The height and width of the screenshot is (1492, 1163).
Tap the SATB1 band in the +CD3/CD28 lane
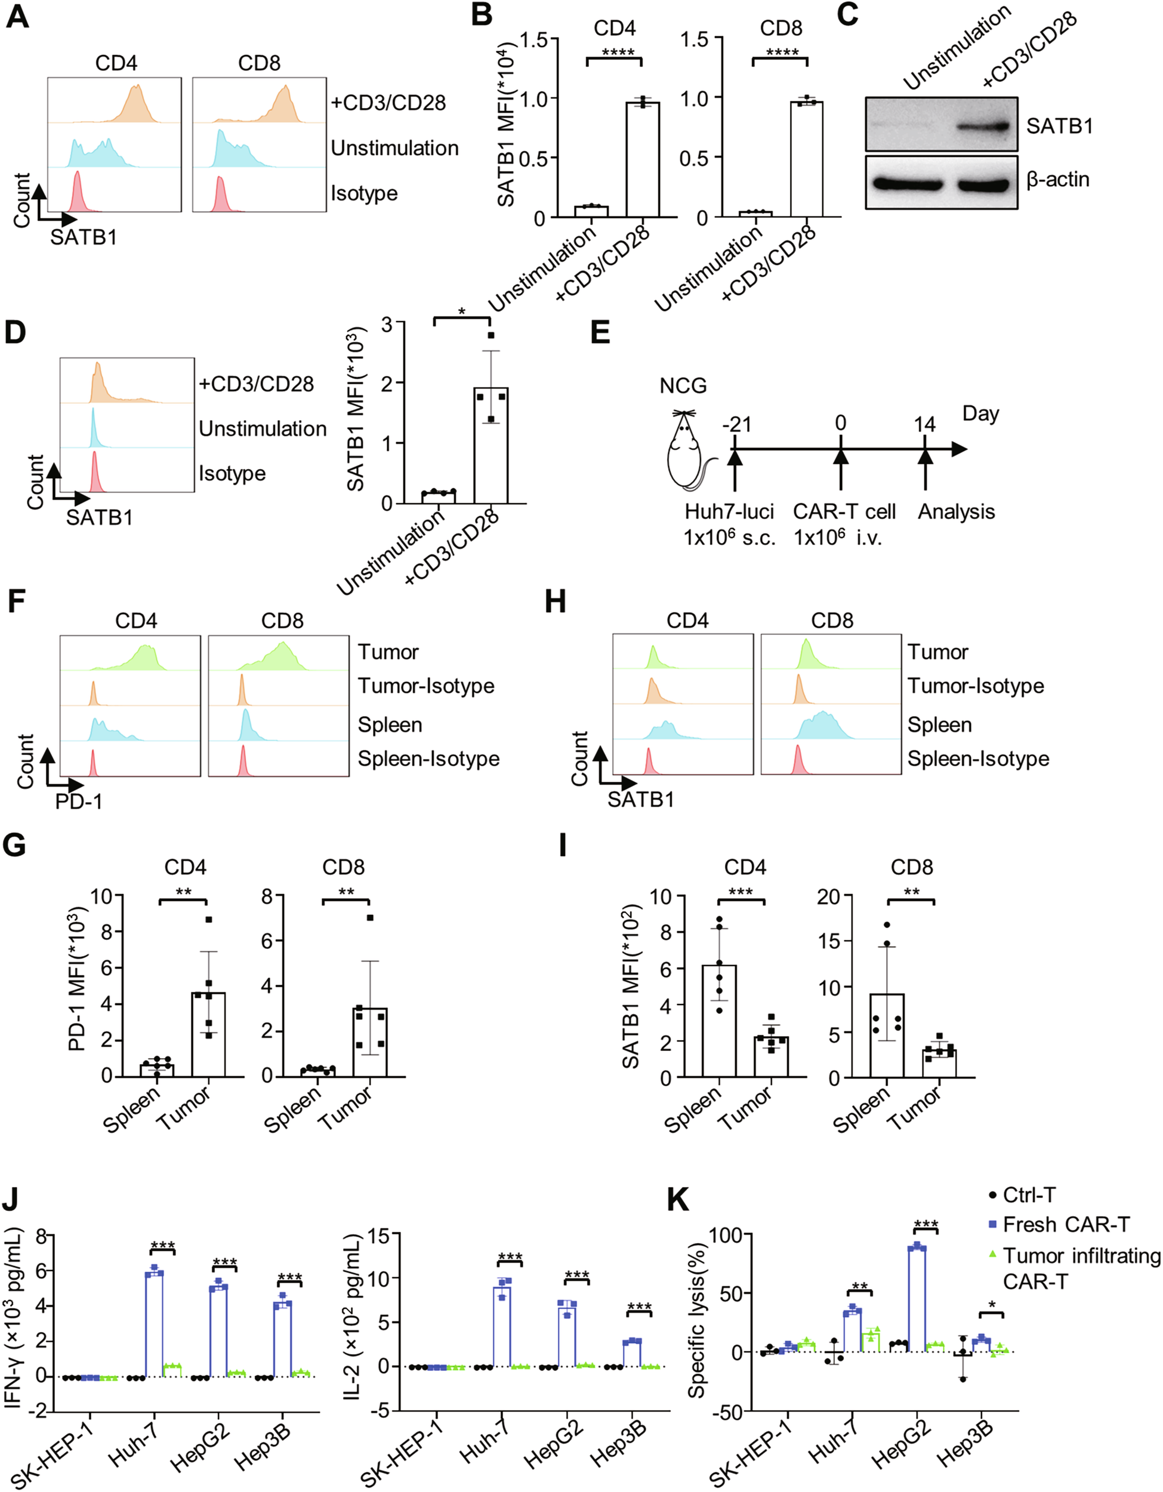(982, 127)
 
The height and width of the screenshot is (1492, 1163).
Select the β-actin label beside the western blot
(1058, 180)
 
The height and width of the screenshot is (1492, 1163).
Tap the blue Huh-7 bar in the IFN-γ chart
(154, 1325)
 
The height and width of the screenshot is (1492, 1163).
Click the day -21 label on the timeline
(736, 424)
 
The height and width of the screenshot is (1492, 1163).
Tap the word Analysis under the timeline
(955, 511)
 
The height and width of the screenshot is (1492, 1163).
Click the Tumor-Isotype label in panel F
(425, 685)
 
